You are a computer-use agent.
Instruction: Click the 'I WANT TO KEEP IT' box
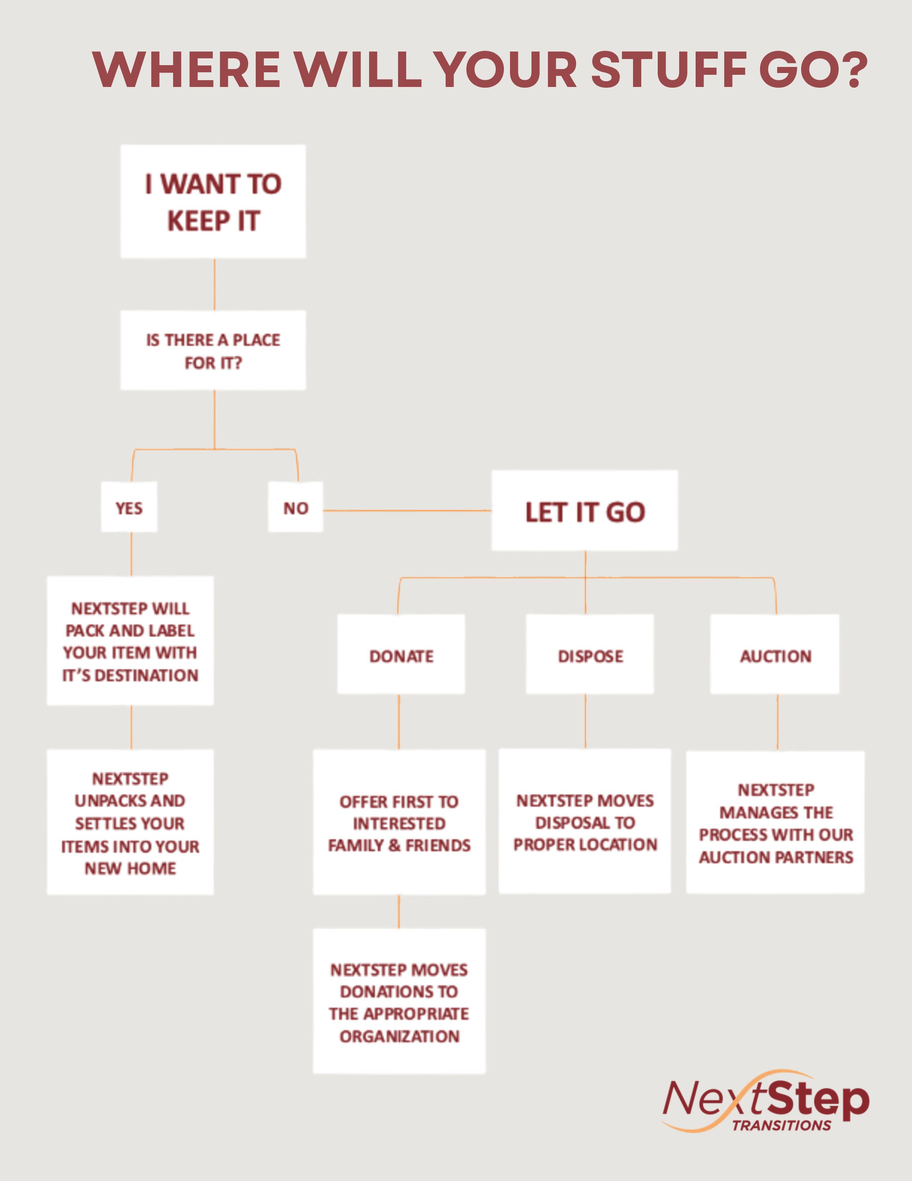213,201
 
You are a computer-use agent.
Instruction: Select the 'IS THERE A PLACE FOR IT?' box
213,350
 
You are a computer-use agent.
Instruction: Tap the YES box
129,507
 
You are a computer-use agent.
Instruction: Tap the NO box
295,507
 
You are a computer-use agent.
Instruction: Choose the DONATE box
401,654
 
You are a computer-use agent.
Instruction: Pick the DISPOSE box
590,654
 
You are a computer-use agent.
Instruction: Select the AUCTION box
775,654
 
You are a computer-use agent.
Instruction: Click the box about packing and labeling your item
130,641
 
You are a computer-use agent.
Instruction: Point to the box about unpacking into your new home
130,822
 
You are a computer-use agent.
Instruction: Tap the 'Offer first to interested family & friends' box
399,822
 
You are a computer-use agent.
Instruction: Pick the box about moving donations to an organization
399,1001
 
